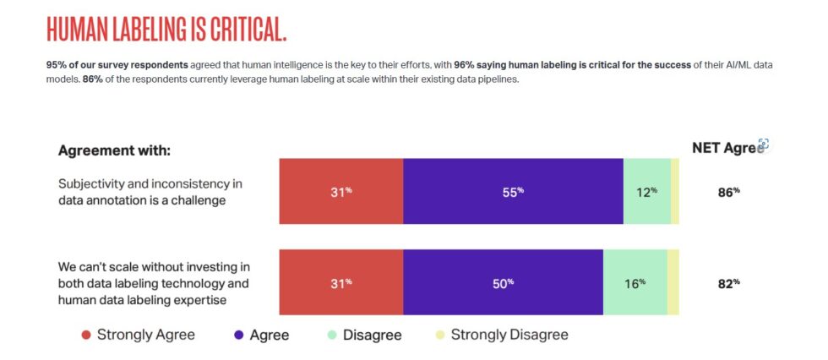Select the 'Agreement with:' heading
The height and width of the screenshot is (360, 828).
pos(114,150)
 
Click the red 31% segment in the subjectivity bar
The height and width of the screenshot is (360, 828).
pos(341,191)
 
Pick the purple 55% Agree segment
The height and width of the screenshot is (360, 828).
pos(513,191)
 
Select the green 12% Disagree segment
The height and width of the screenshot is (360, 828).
pos(647,191)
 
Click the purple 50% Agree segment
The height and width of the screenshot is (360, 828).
pos(504,282)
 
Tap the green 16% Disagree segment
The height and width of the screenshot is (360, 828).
pos(635,282)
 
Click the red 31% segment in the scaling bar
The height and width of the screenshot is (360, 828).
pos(341,282)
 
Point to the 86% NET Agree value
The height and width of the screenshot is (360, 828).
pos(729,192)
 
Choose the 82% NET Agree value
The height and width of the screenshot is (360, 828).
pos(729,283)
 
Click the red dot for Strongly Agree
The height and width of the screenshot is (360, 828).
pos(85,335)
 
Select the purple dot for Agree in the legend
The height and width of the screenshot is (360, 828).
pos(238,335)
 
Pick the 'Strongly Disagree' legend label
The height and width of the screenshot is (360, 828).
pos(509,335)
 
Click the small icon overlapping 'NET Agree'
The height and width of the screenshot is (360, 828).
pos(763,145)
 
